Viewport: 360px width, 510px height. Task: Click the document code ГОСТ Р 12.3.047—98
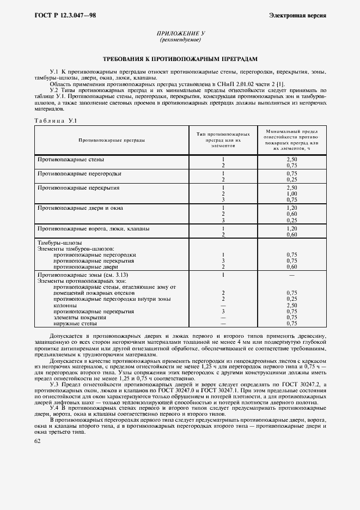pos(60,15)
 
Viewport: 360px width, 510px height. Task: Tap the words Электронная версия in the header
pos(297,15)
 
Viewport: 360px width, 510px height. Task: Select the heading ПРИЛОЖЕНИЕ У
pos(181,34)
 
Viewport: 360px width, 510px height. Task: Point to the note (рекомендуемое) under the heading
pos(181,40)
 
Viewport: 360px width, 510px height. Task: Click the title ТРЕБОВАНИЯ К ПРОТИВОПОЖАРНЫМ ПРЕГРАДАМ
pos(180,58)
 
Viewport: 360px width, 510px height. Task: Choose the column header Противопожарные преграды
pos(112,141)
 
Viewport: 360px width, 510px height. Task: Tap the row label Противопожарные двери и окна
pos(80,208)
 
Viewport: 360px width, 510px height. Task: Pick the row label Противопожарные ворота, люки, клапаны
pos(93,228)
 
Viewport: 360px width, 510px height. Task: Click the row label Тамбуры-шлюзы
pos(59,242)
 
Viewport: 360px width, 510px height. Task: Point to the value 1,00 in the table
pos(291,193)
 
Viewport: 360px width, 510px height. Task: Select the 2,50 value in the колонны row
pos(291,305)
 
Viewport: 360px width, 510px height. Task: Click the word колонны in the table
pos(64,305)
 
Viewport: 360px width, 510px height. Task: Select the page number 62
pos(37,441)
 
